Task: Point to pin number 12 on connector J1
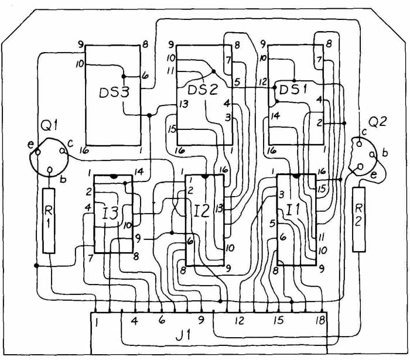tap(240, 321)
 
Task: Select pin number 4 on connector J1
tap(134, 321)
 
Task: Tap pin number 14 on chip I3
tap(138, 172)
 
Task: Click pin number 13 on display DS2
tap(184, 105)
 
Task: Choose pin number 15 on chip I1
tap(321, 189)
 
